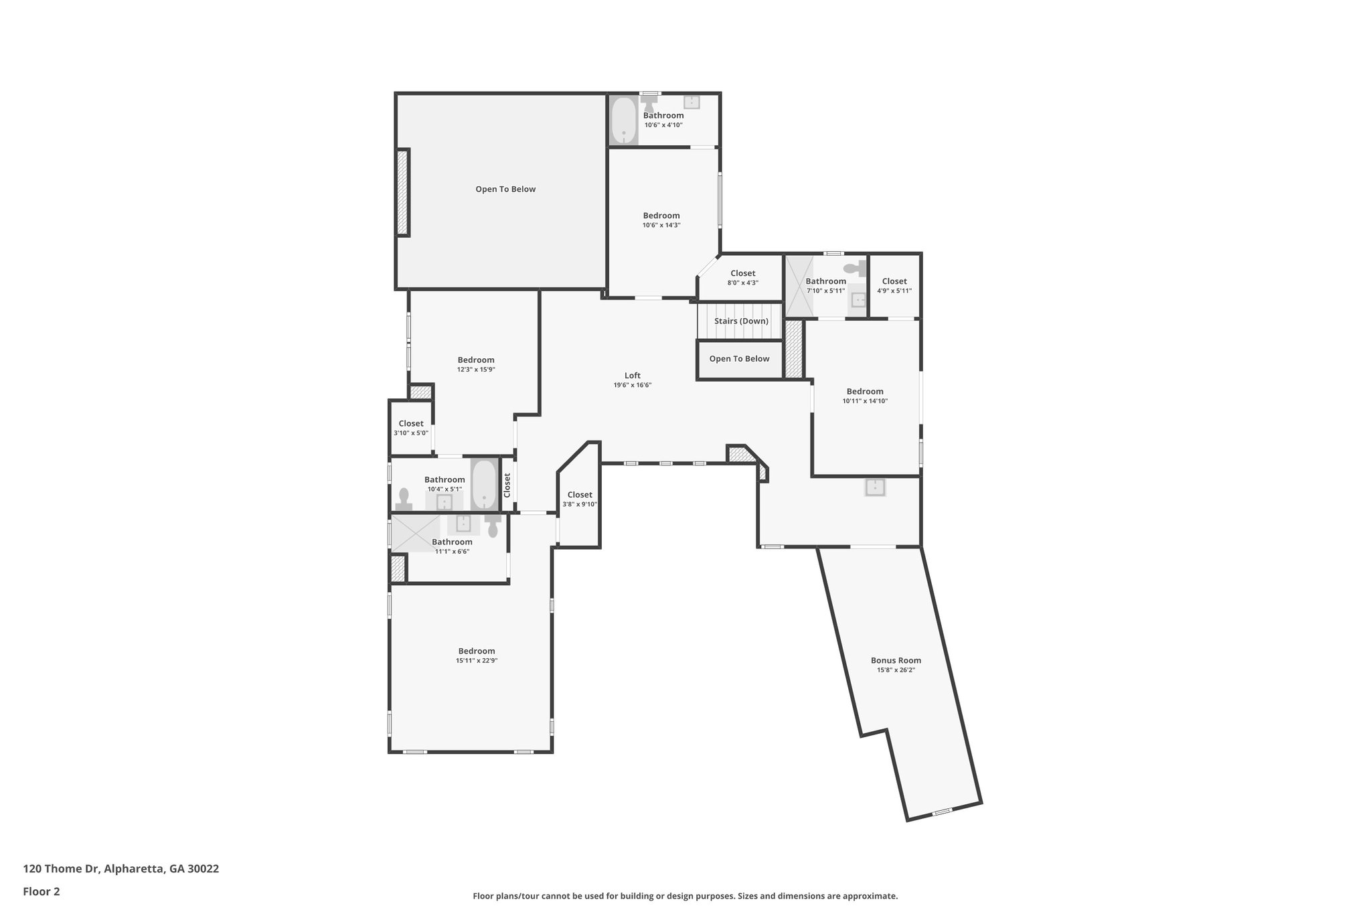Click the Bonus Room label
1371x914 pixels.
point(896,660)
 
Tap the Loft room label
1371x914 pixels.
point(632,376)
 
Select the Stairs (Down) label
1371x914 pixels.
point(740,321)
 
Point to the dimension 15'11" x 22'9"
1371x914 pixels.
point(476,661)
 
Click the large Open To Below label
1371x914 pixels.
point(505,189)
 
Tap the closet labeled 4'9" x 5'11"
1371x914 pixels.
point(894,285)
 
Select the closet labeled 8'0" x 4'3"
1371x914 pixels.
point(742,277)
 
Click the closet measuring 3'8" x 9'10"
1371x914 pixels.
point(579,499)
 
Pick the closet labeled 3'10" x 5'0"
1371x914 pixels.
point(410,427)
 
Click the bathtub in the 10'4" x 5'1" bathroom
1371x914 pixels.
point(485,485)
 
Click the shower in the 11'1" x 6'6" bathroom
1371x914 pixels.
point(415,533)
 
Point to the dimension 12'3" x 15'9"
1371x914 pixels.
point(476,370)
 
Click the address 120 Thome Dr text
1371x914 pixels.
point(120,869)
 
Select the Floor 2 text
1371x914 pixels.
point(42,891)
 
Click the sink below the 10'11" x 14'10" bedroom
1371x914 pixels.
point(875,487)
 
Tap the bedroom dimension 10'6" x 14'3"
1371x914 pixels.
point(661,225)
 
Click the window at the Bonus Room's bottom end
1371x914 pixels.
point(942,812)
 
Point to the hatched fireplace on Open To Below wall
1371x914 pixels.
point(402,192)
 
